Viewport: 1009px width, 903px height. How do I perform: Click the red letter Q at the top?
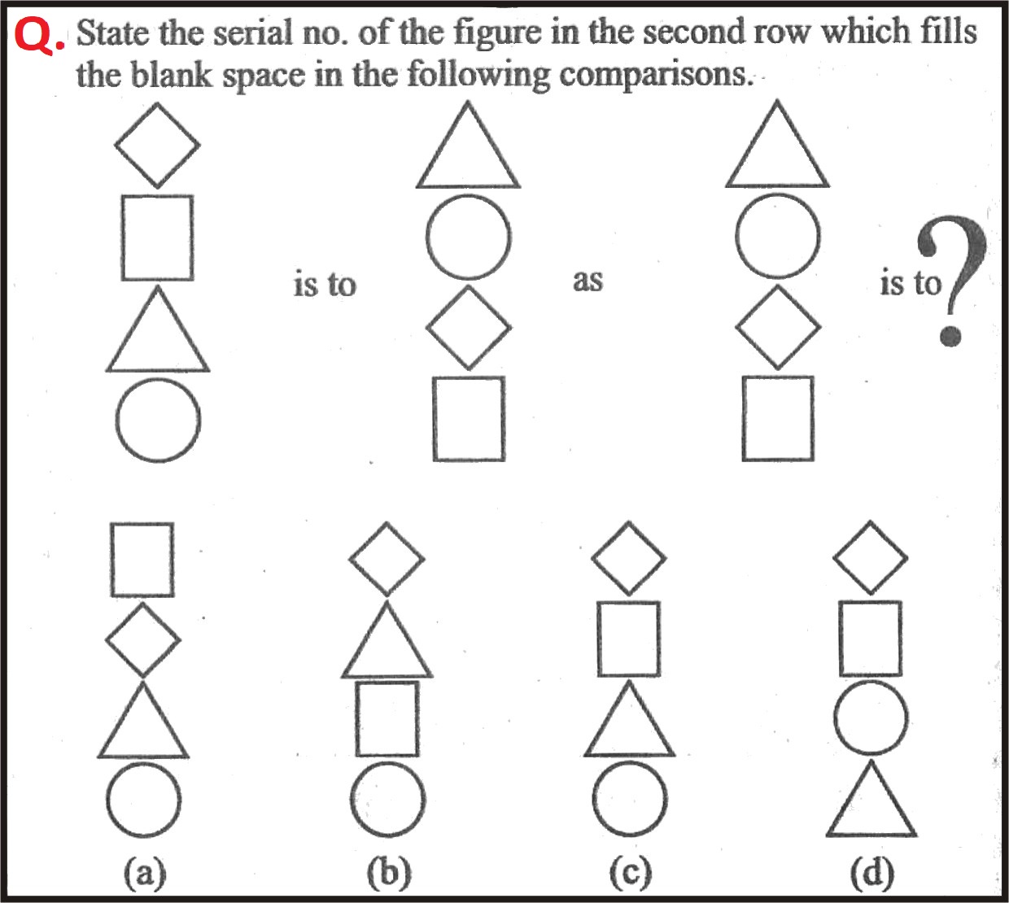point(35,36)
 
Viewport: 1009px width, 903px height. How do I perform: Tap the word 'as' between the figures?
point(587,281)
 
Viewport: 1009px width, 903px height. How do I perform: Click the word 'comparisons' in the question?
point(654,76)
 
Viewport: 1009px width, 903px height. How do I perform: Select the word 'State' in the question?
point(113,33)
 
